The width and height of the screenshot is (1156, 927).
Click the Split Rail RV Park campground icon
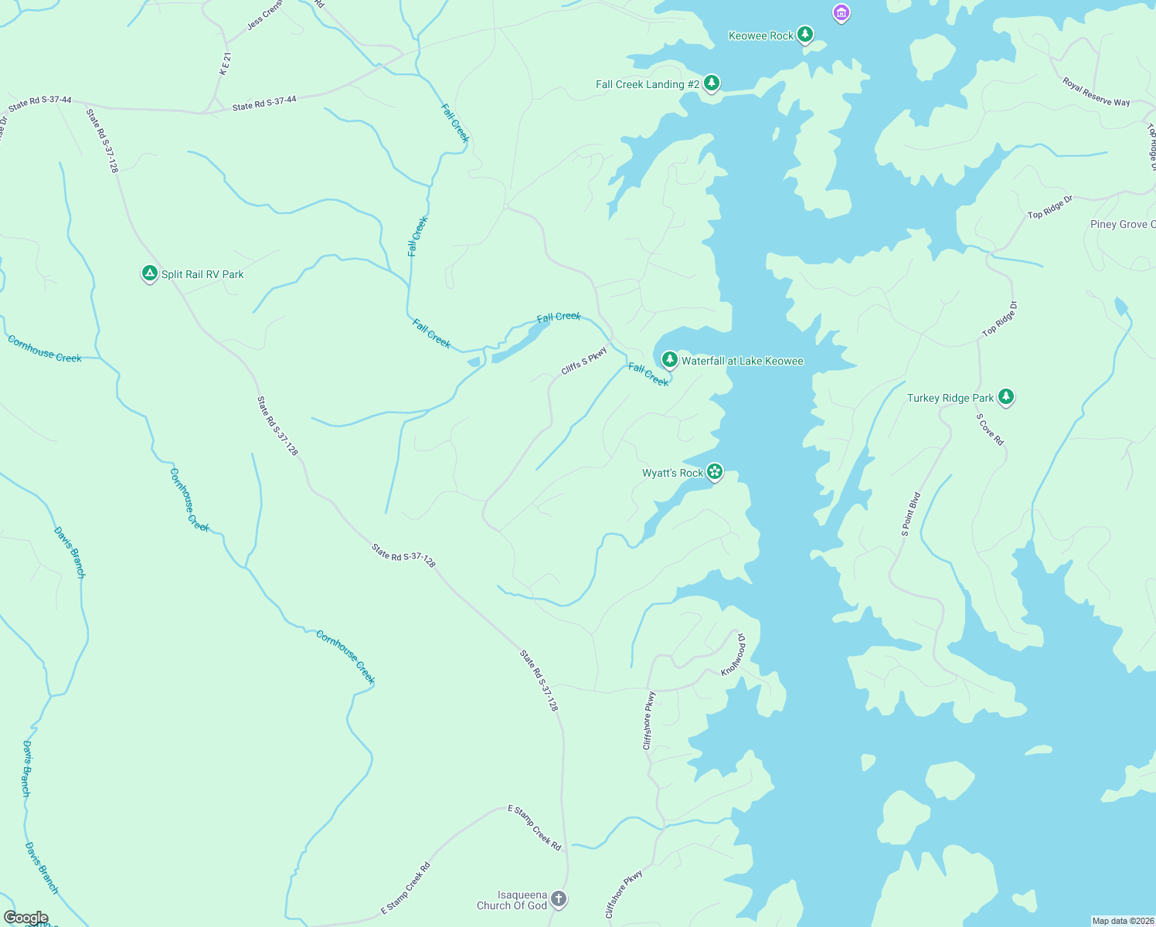click(x=150, y=273)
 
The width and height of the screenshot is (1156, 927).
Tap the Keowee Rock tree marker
click(x=805, y=35)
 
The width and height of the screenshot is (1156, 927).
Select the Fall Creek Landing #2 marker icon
click(x=712, y=83)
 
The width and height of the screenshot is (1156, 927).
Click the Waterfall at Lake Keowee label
click(x=742, y=361)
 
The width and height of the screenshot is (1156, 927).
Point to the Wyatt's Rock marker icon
click(x=715, y=471)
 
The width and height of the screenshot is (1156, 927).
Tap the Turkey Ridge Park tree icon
click(x=1005, y=397)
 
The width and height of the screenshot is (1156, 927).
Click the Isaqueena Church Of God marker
click(x=559, y=899)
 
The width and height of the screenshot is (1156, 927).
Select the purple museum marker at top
click(x=841, y=13)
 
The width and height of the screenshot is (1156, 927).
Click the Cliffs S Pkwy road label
click(x=584, y=361)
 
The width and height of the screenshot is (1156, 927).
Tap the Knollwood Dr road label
click(x=734, y=654)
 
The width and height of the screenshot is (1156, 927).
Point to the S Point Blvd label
click(x=911, y=514)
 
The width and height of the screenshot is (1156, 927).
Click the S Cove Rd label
click(x=990, y=430)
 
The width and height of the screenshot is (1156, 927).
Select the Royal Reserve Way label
click(x=1096, y=91)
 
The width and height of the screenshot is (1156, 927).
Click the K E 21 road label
click(x=225, y=63)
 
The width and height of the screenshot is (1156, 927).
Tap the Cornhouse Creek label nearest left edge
click(x=45, y=349)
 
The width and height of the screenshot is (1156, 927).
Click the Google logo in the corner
click(x=25, y=918)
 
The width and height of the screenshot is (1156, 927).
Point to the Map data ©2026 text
click(x=1122, y=921)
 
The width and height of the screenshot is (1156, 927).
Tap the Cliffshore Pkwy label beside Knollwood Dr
click(x=649, y=721)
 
